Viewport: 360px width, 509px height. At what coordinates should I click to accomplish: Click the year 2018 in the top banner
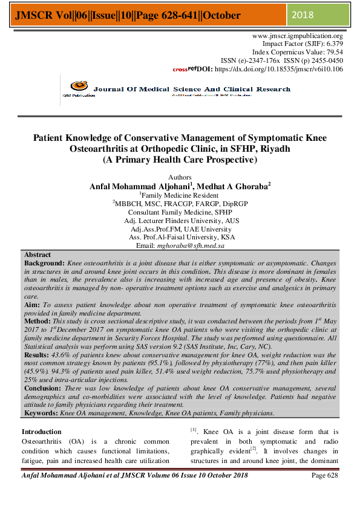click(x=304, y=14)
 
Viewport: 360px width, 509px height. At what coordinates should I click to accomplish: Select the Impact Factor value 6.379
click(x=332, y=44)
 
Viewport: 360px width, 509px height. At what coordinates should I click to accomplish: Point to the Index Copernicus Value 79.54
click(x=332, y=53)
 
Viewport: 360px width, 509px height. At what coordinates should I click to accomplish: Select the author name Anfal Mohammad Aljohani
click(x=138, y=187)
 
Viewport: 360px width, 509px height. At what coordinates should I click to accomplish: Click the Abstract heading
click(x=37, y=256)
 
